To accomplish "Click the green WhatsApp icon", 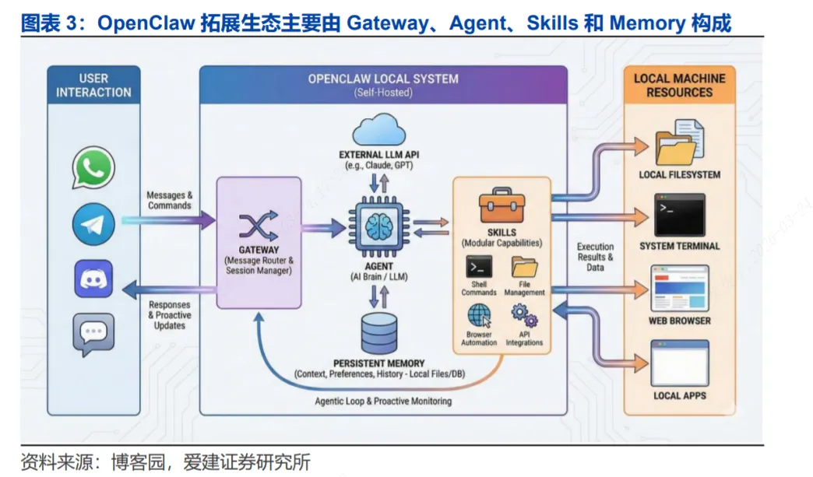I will (x=93, y=167).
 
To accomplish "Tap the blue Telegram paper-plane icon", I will (x=93, y=224).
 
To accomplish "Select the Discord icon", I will (x=93, y=279).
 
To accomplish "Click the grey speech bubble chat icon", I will (x=93, y=334).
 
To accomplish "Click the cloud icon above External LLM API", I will (x=379, y=130).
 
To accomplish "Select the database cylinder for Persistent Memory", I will (x=379, y=333).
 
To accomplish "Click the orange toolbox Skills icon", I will (x=501, y=207).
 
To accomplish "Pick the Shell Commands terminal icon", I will (x=478, y=267).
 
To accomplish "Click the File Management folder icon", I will (x=523, y=267).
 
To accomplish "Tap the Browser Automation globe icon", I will (x=478, y=315).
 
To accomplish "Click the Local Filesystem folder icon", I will (x=679, y=143).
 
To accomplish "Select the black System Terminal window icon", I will (x=679, y=215).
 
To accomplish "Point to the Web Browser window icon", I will (x=679, y=288).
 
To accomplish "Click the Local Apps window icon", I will (x=679, y=363).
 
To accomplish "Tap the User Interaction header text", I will (x=93, y=85).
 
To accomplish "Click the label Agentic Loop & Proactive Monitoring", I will (x=383, y=402).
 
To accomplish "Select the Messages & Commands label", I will (x=169, y=200).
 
